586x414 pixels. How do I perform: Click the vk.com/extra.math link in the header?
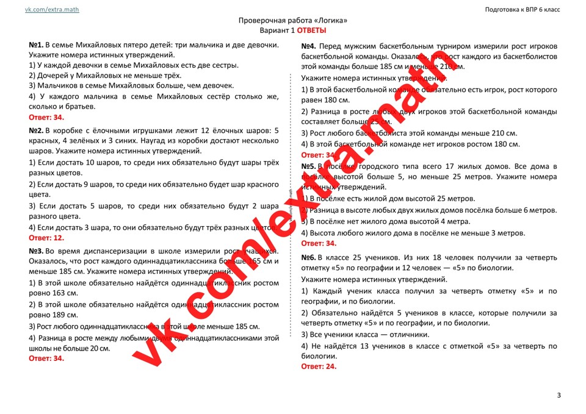point(52,10)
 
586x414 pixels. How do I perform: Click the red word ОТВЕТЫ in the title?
point(311,30)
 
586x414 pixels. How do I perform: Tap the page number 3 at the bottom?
point(559,396)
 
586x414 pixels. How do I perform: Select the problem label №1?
point(36,45)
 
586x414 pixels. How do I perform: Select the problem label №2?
point(36,130)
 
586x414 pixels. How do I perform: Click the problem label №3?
point(36,251)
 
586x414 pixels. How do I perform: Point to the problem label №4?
point(309,46)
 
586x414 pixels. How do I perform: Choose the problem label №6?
point(309,258)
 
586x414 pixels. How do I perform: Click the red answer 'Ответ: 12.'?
point(46,238)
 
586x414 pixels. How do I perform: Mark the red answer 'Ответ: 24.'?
point(319,366)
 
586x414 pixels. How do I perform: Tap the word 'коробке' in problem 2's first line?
point(70,130)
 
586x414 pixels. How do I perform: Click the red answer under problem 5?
point(319,243)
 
